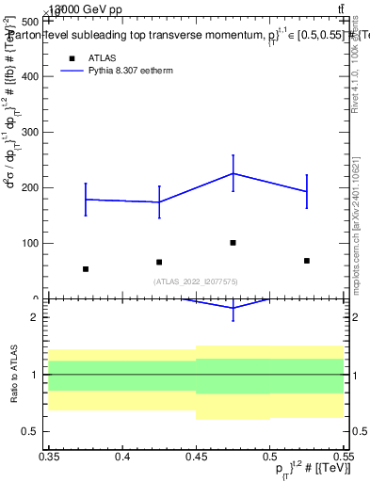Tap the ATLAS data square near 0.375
click(86, 269)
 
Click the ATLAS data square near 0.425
click(159, 262)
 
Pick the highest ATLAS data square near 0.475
click(233, 243)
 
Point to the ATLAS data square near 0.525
click(307, 261)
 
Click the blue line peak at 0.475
click(233, 173)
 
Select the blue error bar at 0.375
click(86, 200)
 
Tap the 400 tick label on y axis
click(30, 76)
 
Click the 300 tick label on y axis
click(30, 132)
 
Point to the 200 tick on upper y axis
click(30, 187)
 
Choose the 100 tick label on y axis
click(30, 243)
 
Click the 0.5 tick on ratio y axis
click(35, 431)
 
